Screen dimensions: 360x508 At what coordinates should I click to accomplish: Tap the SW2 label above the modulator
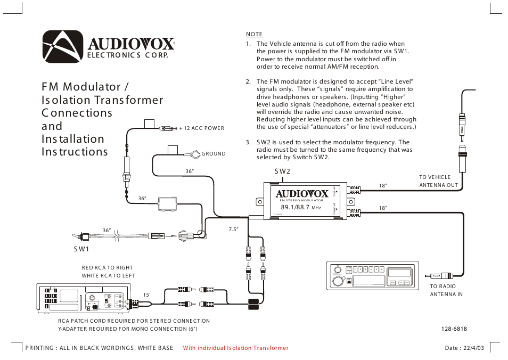click(x=282, y=171)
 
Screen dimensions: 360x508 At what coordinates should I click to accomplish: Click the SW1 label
click(x=81, y=249)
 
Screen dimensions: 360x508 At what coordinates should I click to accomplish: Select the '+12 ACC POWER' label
click(x=202, y=128)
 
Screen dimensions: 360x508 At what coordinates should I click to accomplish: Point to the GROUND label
click(x=214, y=154)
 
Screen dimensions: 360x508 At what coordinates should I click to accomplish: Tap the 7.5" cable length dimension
click(x=233, y=229)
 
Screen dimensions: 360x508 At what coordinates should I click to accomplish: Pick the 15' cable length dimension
click(x=148, y=295)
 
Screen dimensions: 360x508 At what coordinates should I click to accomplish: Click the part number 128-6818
click(x=454, y=329)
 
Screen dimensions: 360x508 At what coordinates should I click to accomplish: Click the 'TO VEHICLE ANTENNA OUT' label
click(x=438, y=181)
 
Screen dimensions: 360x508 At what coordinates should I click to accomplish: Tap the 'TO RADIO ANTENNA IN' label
click(x=446, y=290)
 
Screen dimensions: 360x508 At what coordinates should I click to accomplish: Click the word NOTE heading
click(x=255, y=34)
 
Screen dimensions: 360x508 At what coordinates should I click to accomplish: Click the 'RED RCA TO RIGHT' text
click(x=107, y=268)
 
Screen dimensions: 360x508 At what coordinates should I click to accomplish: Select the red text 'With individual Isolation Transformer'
click(x=235, y=348)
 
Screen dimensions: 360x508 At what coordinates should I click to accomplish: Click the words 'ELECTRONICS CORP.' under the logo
click(x=124, y=56)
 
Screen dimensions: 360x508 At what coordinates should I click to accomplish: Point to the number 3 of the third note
click(x=248, y=142)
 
